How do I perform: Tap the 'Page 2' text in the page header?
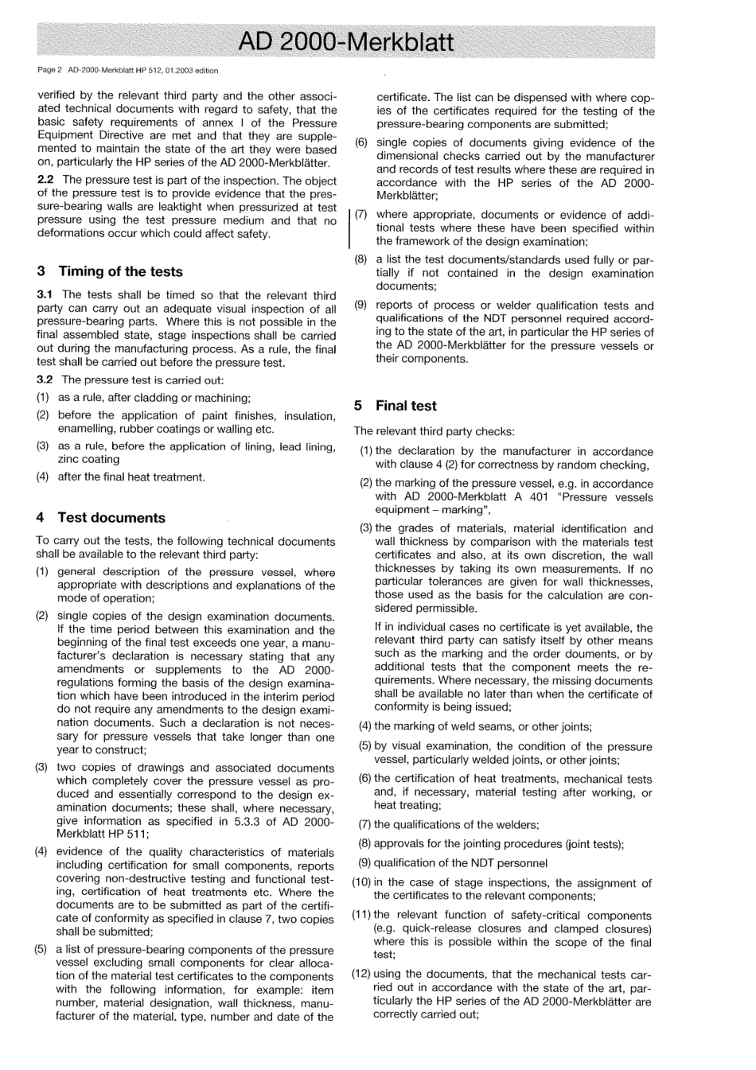[49, 70]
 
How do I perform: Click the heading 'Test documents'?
[111, 517]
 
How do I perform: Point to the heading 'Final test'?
[406, 406]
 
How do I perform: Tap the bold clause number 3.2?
[45, 379]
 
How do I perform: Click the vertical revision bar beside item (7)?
[349, 228]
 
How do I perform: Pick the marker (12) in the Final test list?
[361, 975]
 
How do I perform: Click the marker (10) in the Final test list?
[361, 882]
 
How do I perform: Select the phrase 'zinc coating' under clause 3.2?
[88, 459]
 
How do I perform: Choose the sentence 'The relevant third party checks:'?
[435, 431]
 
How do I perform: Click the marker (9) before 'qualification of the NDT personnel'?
[364, 863]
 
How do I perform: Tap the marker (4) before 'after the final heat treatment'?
[43, 477]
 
